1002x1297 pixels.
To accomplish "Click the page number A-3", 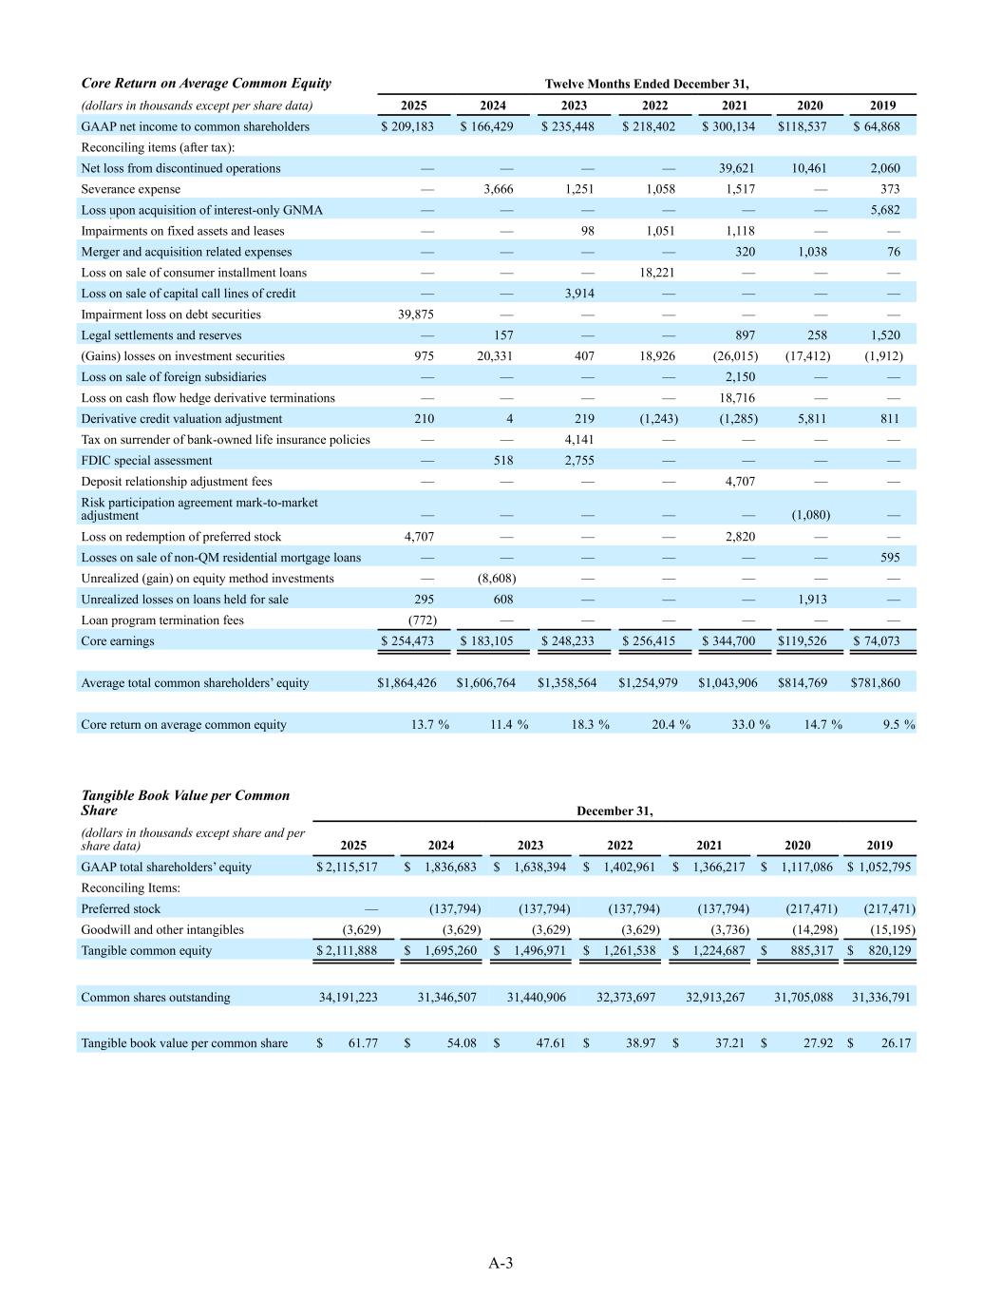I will point(501,1263).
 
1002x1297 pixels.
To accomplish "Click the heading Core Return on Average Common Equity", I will point(206,84).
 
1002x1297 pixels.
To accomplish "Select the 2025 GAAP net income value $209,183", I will point(407,126).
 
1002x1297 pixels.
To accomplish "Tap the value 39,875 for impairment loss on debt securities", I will point(415,315).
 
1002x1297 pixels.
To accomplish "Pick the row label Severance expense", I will point(130,189).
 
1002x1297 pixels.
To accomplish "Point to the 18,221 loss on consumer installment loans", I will point(655,273).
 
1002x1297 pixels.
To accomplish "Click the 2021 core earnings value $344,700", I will point(728,641).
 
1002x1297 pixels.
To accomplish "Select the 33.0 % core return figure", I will point(743,725).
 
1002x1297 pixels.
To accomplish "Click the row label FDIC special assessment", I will point(146,461).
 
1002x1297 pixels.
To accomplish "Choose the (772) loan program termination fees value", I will point(422,620).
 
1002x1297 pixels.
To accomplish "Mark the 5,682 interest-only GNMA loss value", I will point(885,210).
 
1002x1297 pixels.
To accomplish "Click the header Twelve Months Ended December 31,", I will point(647,84).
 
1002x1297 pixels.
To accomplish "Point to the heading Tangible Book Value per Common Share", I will point(185,803).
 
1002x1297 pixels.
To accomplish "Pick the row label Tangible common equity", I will point(146,951).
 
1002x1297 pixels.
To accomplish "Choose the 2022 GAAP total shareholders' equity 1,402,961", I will point(627,868).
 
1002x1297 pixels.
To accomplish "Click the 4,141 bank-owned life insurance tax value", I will point(577,440).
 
